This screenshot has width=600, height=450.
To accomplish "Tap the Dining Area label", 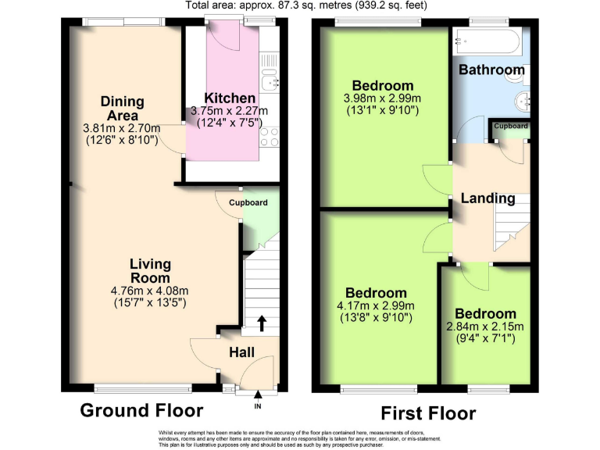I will [122, 108].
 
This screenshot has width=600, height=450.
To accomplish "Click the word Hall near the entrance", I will [241, 353].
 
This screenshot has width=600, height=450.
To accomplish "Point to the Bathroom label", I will [491, 70].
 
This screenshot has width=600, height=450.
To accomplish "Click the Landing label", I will [487, 198].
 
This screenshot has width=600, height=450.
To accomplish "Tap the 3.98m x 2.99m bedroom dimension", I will [382, 98].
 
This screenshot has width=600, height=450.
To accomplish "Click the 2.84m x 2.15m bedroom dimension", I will [485, 327].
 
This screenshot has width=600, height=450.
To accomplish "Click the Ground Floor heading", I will [142, 410].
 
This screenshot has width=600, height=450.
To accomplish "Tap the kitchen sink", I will [270, 78].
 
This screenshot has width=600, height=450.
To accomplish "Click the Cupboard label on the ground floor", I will [248, 203].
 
